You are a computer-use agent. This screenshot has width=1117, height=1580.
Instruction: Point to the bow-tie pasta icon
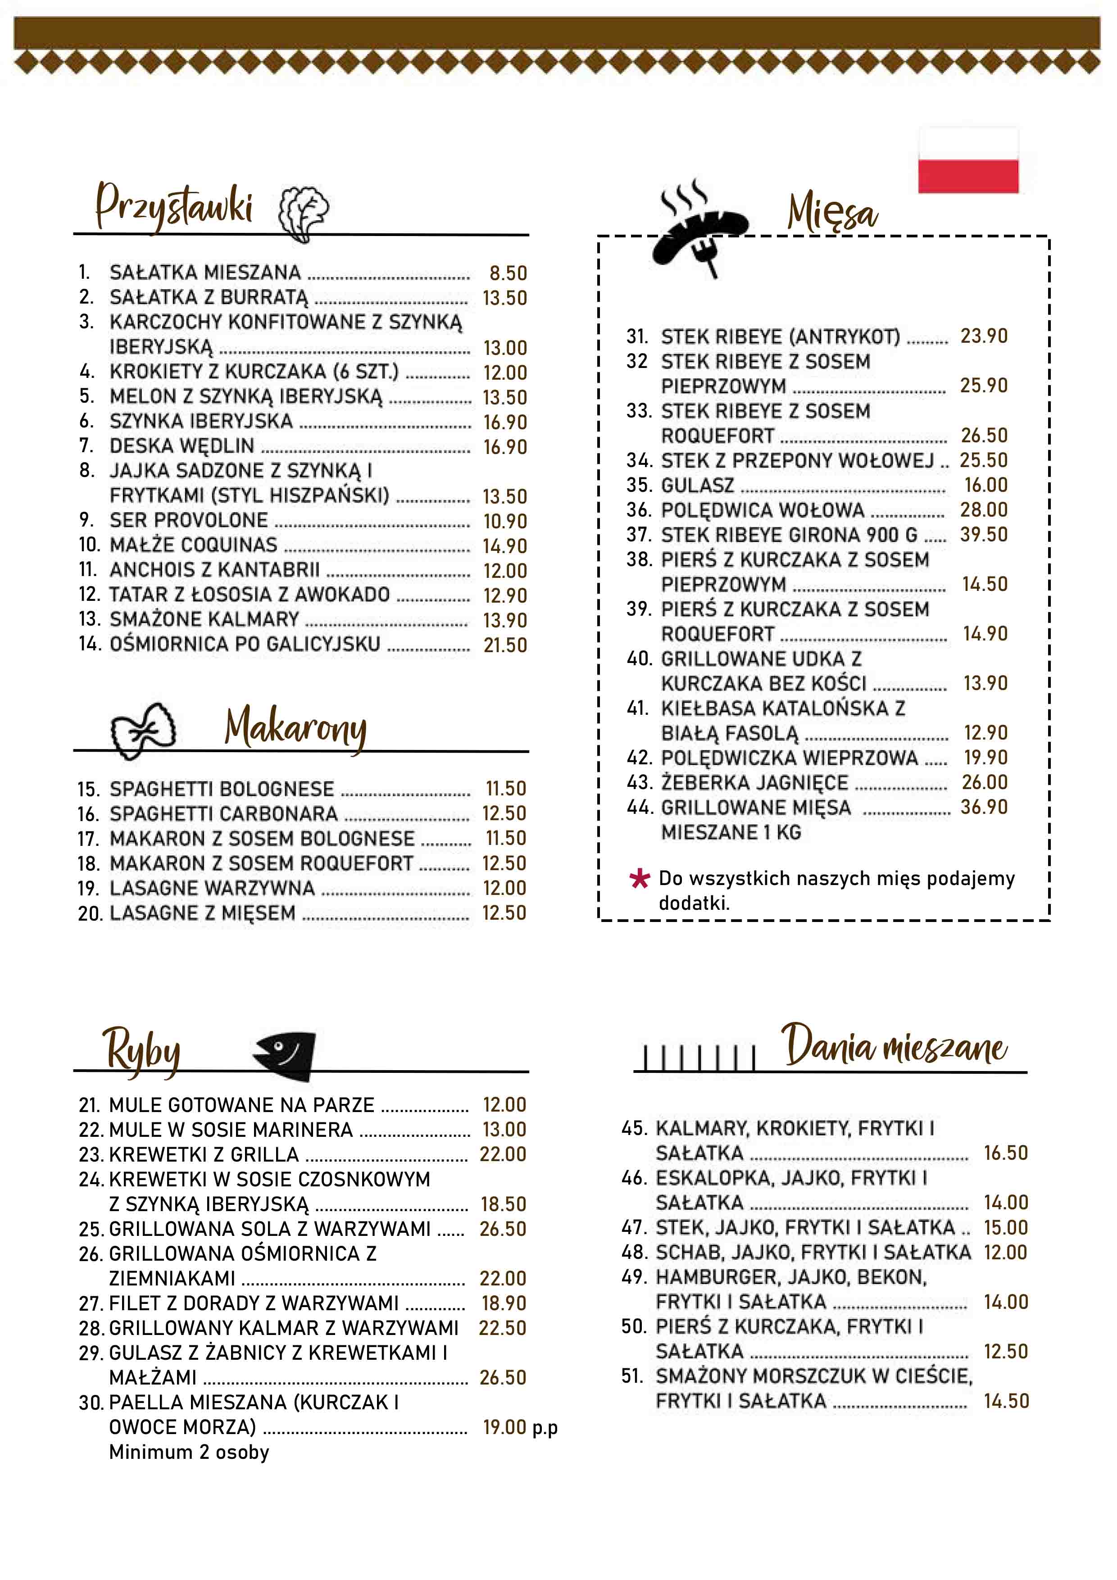pos(143,730)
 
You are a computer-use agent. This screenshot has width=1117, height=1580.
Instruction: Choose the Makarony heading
pos(295,727)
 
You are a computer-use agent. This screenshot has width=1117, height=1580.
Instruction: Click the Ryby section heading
pos(142,1051)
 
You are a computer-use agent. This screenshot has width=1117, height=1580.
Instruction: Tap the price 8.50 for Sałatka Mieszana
pos(508,273)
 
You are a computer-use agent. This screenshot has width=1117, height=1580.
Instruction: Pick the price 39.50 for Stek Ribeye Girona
pos(984,535)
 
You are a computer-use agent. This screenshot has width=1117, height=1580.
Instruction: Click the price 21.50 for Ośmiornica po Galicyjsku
pos(505,645)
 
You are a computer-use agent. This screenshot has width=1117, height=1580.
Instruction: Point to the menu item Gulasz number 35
pos(697,485)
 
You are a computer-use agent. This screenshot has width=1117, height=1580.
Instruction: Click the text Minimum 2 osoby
pos(189,1453)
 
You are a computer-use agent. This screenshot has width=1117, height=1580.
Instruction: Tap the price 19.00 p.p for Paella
pos(520,1428)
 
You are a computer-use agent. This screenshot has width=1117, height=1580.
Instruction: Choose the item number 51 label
pos(632,1376)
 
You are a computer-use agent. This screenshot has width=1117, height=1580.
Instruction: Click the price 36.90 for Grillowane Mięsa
pos(984,807)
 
